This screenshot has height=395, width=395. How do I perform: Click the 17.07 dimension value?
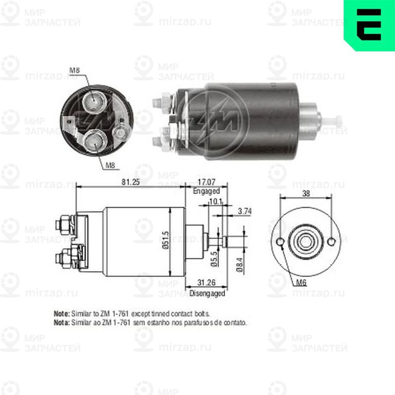point(207,182)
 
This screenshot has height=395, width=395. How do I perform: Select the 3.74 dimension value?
point(245,210)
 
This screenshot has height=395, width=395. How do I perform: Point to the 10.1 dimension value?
point(216,201)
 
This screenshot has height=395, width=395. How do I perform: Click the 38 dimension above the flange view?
point(306,194)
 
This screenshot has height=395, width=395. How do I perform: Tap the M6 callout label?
point(302,283)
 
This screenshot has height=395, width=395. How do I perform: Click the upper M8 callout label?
point(74,71)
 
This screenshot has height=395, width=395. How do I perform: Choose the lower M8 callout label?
point(111,165)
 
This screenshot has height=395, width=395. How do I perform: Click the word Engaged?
point(206,191)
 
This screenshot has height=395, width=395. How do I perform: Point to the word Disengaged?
point(207,293)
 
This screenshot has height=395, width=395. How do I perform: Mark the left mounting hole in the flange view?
point(280,242)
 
